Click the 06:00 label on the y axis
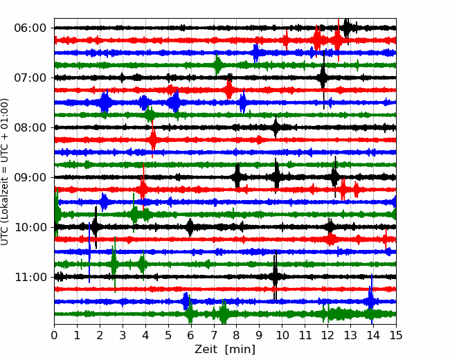point(30,28)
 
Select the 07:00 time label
point(30,78)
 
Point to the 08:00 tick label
point(30,128)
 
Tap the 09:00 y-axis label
point(30,177)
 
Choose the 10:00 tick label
point(30,227)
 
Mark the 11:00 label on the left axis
point(30,278)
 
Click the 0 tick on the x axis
point(54,335)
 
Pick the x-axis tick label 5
point(168,335)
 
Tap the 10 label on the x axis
point(282,335)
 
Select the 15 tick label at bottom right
point(396,335)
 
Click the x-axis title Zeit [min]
point(225,350)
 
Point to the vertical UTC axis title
point(5,172)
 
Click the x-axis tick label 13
point(350,335)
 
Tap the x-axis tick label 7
point(214,335)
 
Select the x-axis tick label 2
point(100,335)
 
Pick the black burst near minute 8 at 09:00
point(237,177)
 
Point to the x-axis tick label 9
point(260,335)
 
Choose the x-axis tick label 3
point(123,335)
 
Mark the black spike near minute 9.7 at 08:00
point(276,127)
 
